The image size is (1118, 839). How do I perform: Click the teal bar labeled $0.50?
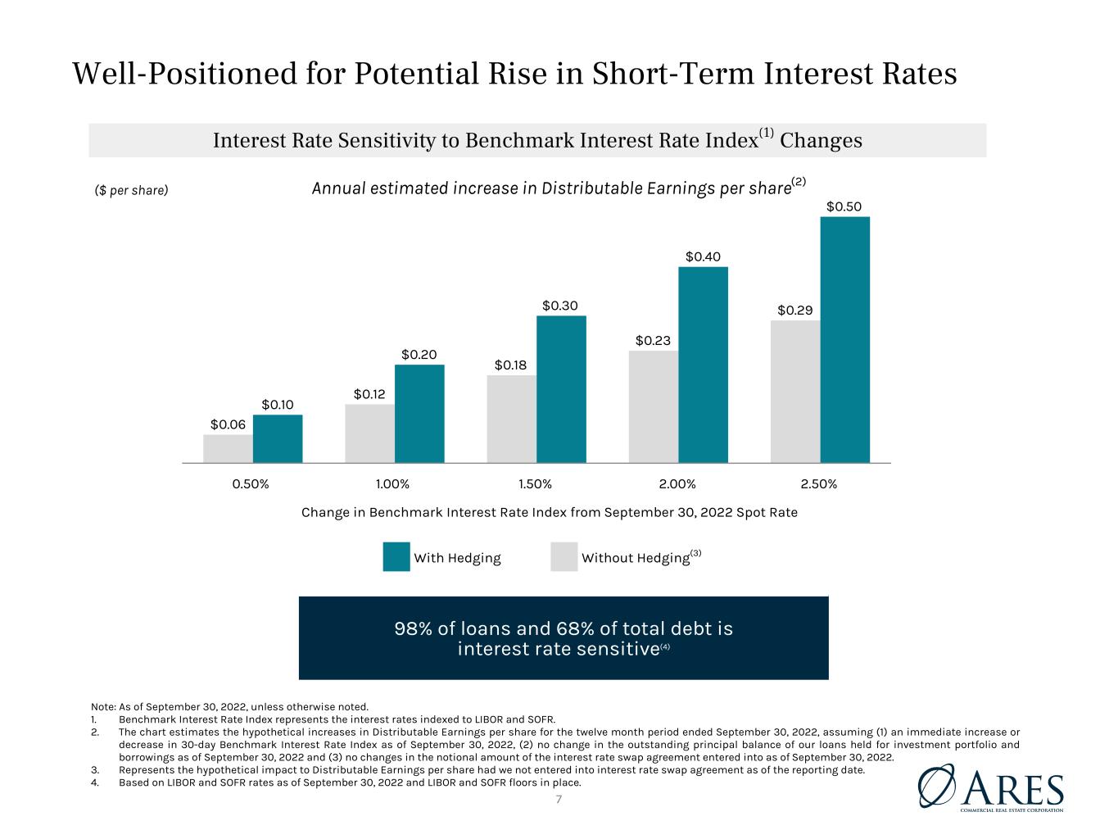844,340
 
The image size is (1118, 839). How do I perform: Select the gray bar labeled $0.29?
795,392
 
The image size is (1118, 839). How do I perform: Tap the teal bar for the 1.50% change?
561,389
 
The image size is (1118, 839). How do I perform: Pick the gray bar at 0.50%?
228,449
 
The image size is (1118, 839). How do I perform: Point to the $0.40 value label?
703,256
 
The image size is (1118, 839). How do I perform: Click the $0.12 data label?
369,394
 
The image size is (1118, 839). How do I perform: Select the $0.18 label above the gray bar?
510,365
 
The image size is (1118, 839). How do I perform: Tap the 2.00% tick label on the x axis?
677,483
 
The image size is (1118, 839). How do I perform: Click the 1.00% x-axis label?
392,483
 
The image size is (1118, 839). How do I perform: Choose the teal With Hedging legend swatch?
396,556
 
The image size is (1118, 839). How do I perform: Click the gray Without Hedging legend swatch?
564,556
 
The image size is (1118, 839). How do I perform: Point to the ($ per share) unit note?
131,191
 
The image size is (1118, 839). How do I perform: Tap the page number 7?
559,800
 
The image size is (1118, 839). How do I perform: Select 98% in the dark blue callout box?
413,628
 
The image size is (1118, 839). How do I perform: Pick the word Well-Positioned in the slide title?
183,73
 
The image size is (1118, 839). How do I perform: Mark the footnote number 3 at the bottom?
94,769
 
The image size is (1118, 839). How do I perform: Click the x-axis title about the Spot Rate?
549,512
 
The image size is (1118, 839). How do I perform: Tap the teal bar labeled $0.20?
419,414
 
